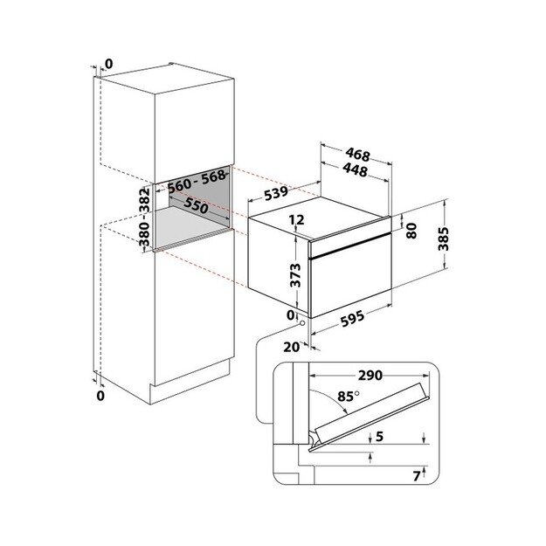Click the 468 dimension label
(x=357, y=155)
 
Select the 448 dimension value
(x=355, y=170)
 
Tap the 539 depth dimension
(x=276, y=193)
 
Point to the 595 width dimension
(x=352, y=318)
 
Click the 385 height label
(x=443, y=238)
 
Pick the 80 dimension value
(x=411, y=231)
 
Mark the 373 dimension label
(x=295, y=275)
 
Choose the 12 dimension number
(x=296, y=220)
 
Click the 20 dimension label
(x=292, y=347)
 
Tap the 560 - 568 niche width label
(x=197, y=182)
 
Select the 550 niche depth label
(x=196, y=205)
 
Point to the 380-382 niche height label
(x=144, y=217)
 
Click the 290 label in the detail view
(x=370, y=376)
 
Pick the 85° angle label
(x=348, y=397)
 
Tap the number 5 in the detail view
(x=379, y=436)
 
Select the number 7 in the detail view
(x=416, y=476)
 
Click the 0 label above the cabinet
(x=109, y=64)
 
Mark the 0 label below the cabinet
(x=100, y=396)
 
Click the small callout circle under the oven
(x=302, y=323)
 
